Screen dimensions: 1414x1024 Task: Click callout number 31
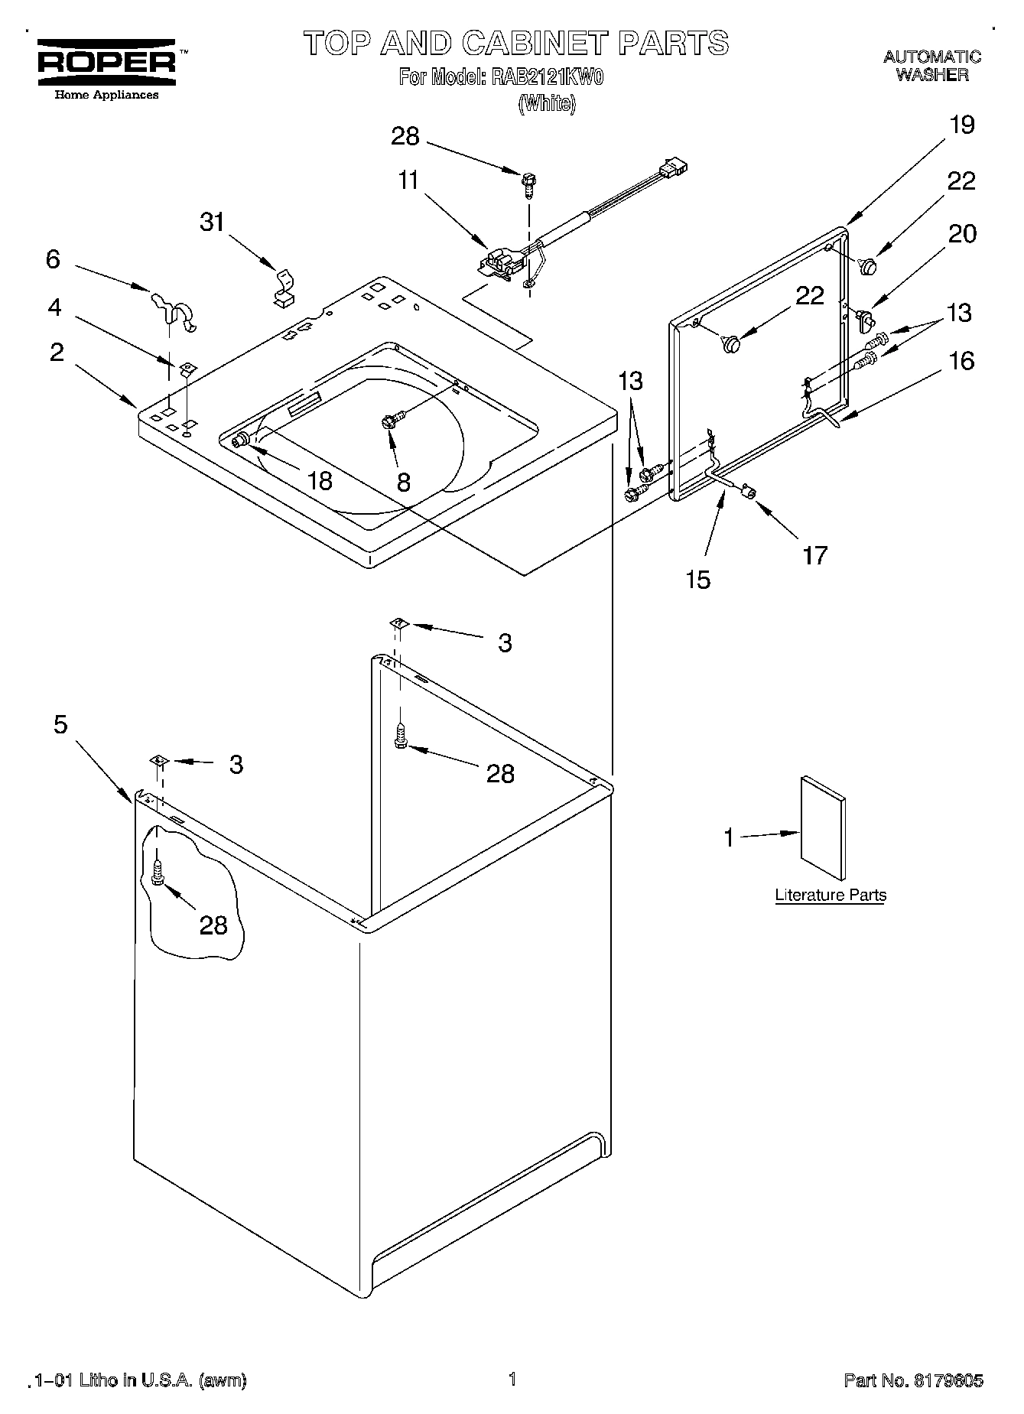[212, 222]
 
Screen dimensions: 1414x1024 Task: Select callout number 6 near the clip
[52, 259]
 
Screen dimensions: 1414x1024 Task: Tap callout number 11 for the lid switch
[408, 180]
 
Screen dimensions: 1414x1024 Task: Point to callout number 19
[962, 125]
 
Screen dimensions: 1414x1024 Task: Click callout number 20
[962, 233]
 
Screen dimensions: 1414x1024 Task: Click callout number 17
[815, 554]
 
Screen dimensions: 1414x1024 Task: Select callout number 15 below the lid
[697, 580]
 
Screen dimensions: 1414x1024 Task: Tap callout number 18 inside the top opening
[320, 480]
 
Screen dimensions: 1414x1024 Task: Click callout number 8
[403, 482]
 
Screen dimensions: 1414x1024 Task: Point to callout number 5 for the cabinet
[60, 724]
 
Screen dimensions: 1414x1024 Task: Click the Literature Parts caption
[831, 896]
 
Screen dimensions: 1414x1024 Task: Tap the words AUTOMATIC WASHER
[932, 66]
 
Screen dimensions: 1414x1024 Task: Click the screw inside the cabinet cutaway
[158, 871]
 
